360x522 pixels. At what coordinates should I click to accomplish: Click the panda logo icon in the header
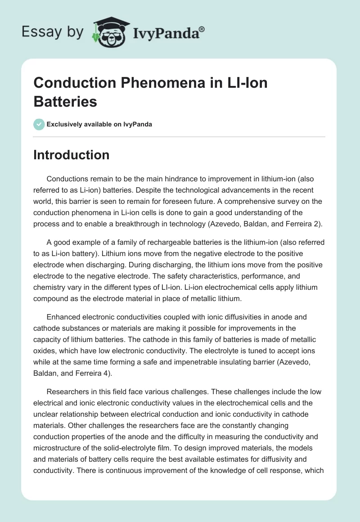pyautogui.click(x=110, y=32)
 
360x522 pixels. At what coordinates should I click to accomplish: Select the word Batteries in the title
pyautogui.click(x=65, y=101)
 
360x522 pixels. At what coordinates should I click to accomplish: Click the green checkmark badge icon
pyautogui.click(x=39, y=124)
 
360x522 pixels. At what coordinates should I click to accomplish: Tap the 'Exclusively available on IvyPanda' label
pyautogui.click(x=99, y=124)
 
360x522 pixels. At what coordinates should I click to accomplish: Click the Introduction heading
pyautogui.click(x=71, y=155)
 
